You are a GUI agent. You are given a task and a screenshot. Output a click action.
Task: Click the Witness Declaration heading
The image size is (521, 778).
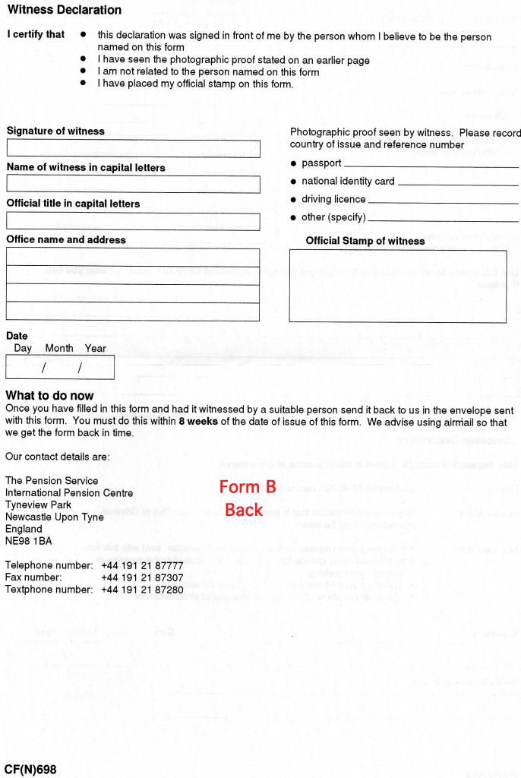[x=63, y=11]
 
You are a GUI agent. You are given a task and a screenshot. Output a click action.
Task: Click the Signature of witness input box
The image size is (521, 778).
[x=133, y=148]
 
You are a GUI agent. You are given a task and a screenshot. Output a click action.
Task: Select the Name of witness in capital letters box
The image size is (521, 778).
[x=133, y=184]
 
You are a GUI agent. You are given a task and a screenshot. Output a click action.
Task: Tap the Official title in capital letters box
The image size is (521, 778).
[x=133, y=220]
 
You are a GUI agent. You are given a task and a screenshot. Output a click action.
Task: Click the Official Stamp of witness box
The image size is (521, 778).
[x=398, y=286]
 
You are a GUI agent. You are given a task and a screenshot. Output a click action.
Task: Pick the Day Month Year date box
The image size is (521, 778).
[x=59, y=368]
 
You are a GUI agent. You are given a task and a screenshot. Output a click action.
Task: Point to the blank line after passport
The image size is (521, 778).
[x=431, y=165]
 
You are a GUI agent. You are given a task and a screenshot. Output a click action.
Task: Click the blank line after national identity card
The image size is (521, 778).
[x=457, y=183]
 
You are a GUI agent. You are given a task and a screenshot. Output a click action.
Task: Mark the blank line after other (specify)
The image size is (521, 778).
[x=443, y=220]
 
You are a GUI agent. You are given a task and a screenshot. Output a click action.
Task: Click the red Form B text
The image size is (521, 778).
[x=247, y=488]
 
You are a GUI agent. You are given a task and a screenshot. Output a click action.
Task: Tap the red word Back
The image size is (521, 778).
[x=244, y=510]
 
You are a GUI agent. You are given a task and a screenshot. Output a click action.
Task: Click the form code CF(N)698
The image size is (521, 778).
[x=30, y=770]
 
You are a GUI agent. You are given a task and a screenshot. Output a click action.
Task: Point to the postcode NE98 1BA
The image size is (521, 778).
[x=30, y=540]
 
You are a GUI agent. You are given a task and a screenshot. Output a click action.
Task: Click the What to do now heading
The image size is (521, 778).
[x=49, y=396]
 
